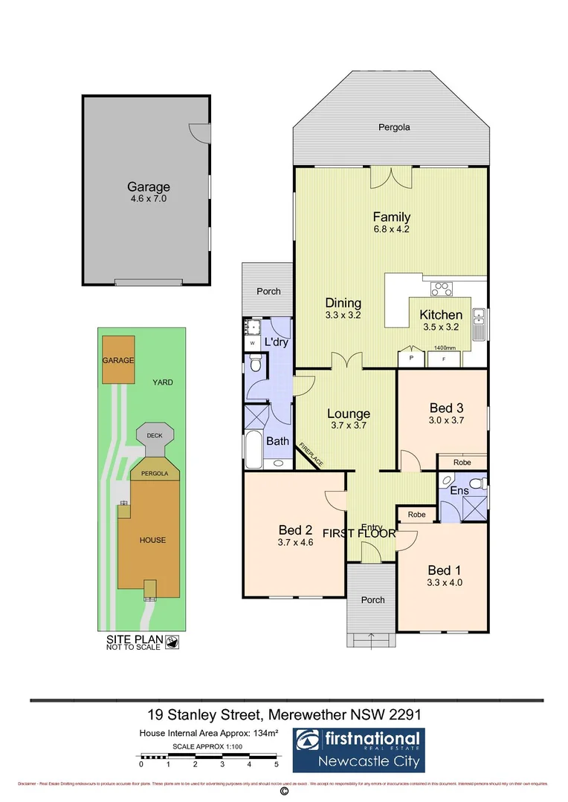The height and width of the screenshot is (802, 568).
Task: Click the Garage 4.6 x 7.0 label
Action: pos(148,192)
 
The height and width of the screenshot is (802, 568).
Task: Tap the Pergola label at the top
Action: pos(392,128)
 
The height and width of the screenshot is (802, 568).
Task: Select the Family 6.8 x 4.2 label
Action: pos(392,223)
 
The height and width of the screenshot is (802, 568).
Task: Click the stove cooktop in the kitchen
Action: pos(442,290)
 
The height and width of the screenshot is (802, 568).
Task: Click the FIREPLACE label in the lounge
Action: pos(311,454)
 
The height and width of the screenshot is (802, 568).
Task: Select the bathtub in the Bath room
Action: pos(254,449)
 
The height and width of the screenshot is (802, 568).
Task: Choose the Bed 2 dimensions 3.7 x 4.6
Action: pos(295,544)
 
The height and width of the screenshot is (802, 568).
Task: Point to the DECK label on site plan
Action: pos(155,436)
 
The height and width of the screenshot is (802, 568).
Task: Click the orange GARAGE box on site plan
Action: pos(119,360)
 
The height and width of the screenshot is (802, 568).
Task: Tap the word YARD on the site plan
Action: pos(163,382)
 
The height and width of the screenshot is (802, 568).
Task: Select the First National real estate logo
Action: pos(357,750)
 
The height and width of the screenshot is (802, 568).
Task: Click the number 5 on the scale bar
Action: pos(277,764)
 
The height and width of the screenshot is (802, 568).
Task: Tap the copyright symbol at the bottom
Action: pos(283,792)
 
